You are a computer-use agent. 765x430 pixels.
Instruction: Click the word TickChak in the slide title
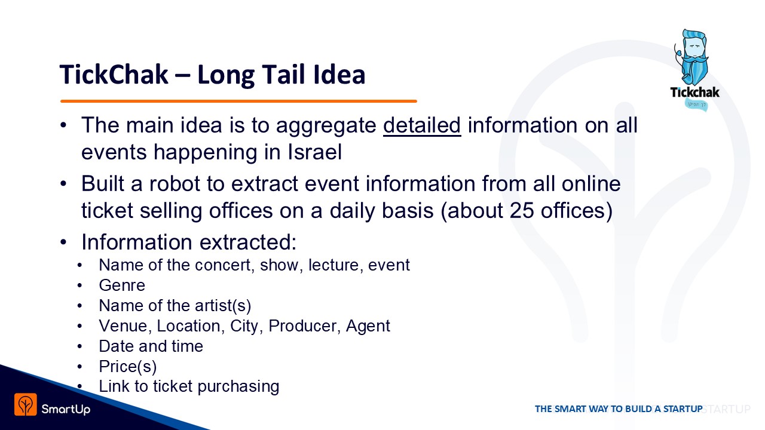pyautogui.click(x=114, y=75)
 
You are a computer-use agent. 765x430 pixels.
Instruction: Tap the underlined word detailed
pyautogui.click(x=422, y=125)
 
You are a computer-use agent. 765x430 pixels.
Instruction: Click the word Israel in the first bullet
pyautogui.click(x=314, y=152)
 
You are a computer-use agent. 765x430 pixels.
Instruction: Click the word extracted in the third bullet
pyautogui.click(x=248, y=242)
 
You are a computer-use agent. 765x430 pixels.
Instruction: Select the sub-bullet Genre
pyautogui.click(x=122, y=285)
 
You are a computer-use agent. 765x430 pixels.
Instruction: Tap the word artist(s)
pyautogui.click(x=223, y=305)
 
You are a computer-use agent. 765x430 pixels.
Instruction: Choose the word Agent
pyautogui.click(x=368, y=326)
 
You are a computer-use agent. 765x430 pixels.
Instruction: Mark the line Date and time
pyautogui.click(x=151, y=346)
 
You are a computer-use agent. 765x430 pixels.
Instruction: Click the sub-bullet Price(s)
pyautogui.click(x=128, y=367)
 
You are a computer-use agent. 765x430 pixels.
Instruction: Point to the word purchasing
pyautogui.click(x=238, y=386)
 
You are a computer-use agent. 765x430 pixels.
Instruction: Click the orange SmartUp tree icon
pyautogui.click(x=26, y=404)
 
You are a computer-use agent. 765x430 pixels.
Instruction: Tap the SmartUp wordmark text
pyautogui.click(x=66, y=409)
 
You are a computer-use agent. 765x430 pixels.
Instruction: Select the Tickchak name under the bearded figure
pyautogui.click(x=694, y=92)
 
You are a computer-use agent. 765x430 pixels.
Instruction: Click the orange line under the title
pyautogui.click(x=238, y=102)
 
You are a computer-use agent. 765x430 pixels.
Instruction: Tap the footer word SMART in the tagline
pyautogui.click(x=571, y=409)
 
